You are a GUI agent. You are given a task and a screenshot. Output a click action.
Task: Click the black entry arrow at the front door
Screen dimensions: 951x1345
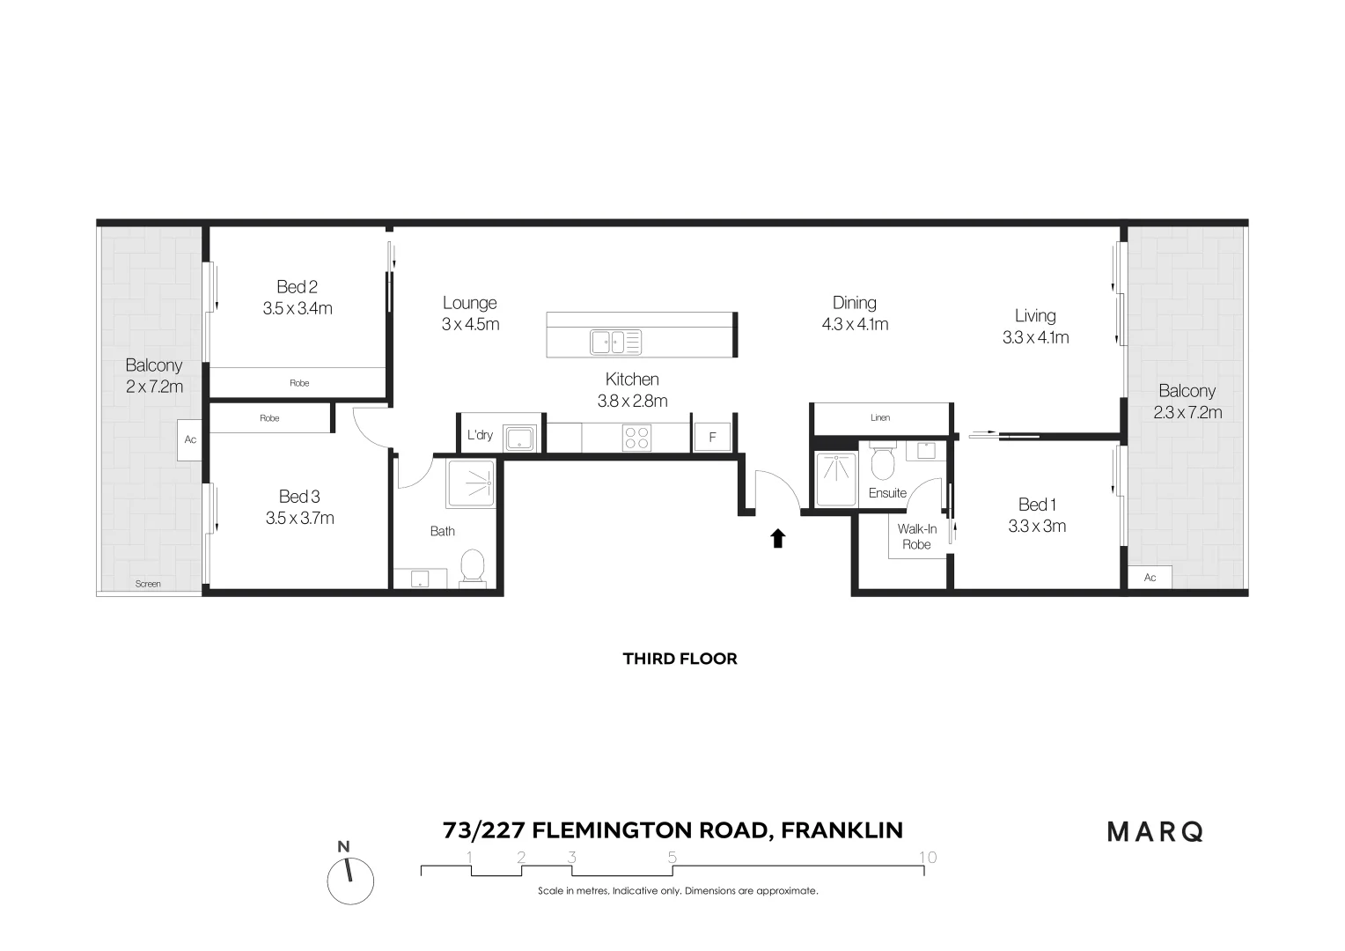click(x=777, y=538)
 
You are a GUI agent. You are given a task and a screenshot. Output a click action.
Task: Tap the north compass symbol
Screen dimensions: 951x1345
click(x=350, y=880)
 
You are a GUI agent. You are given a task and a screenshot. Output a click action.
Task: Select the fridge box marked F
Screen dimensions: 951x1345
click(x=712, y=437)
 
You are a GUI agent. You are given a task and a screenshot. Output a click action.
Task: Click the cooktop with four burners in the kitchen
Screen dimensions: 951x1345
click(x=636, y=437)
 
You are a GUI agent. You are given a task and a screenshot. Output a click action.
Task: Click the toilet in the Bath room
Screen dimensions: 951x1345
click(x=473, y=567)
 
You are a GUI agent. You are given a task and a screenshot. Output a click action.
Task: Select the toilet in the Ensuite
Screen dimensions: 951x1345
click(x=882, y=461)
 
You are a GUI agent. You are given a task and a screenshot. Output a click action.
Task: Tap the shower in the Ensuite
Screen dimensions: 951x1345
click(x=836, y=480)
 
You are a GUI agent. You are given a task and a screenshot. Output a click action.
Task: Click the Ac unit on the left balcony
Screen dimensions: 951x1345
click(x=190, y=439)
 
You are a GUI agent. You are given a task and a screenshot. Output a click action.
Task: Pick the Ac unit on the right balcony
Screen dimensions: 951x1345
click(x=1150, y=578)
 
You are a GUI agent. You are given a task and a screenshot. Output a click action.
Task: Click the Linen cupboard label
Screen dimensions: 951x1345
click(x=880, y=417)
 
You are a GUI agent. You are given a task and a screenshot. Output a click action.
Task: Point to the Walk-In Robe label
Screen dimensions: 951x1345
click(x=916, y=536)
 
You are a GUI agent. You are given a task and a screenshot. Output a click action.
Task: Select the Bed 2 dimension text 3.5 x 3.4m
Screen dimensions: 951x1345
click(x=298, y=308)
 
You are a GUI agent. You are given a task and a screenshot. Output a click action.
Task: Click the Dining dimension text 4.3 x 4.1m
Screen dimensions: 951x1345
click(x=855, y=324)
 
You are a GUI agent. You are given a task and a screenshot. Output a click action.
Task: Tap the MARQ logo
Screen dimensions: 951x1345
click(x=1155, y=831)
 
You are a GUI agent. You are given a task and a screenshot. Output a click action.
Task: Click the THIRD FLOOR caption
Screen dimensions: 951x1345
click(x=680, y=659)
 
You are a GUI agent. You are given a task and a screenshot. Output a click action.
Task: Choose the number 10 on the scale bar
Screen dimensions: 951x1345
click(x=927, y=857)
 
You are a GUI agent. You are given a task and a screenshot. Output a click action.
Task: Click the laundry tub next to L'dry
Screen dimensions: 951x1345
click(x=520, y=438)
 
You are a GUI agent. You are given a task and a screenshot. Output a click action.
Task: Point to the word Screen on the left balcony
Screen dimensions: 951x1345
click(x=148, y=584)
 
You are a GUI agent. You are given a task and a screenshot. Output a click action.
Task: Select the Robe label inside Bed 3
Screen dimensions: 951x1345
click(x=269, y=418)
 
